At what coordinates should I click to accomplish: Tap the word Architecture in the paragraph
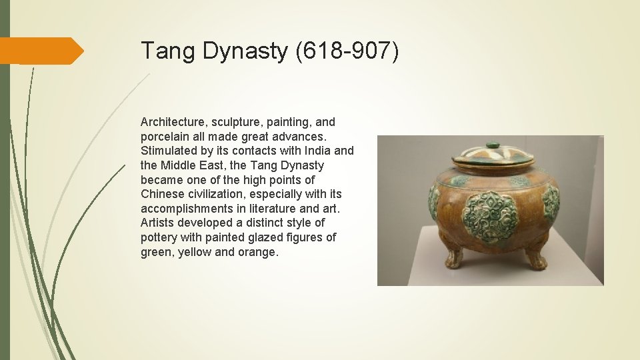[x=171, y=122]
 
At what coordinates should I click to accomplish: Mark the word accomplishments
[x=187, y=209]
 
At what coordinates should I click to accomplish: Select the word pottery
[x=159, y=237]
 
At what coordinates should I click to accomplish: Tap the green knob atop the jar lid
[x=493, y=145]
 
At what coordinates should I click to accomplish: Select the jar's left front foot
[x=454, y=257]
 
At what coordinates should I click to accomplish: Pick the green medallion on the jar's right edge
[x=551, y=203]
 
